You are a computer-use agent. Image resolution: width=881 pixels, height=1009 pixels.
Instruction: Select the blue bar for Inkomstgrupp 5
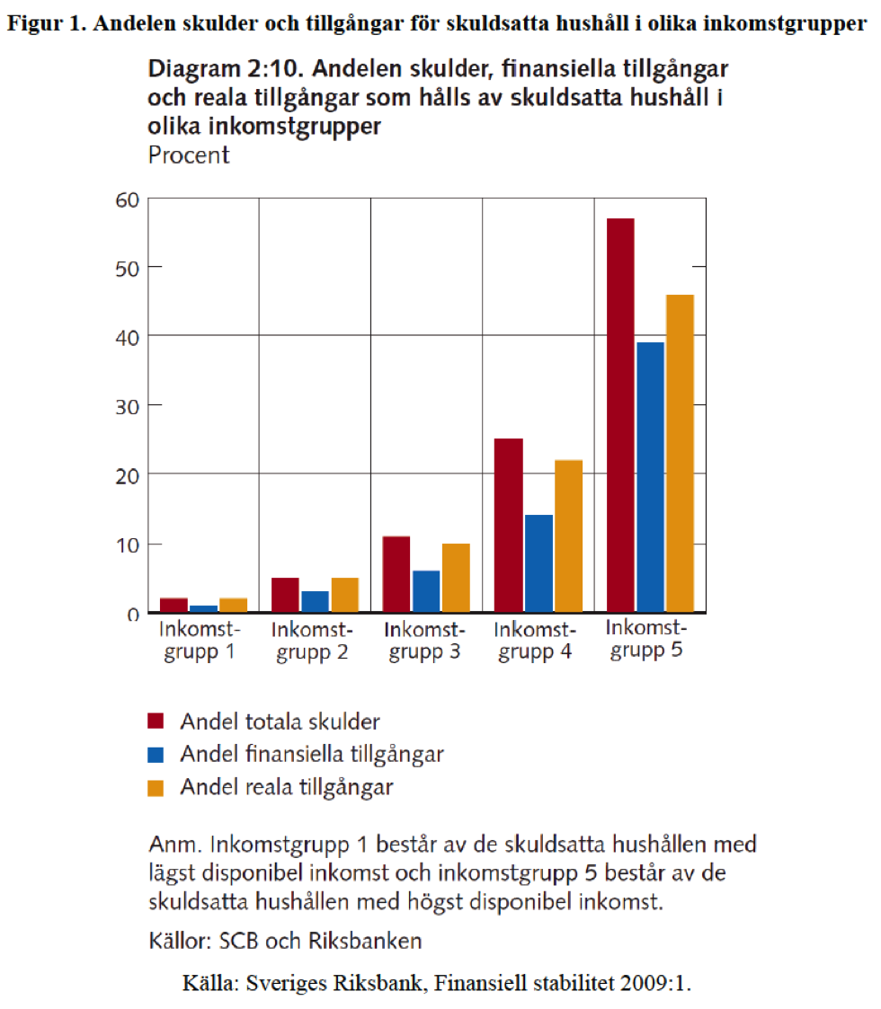(x=650, y=477)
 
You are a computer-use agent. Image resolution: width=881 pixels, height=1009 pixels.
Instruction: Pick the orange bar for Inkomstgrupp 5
(x=680, y=454)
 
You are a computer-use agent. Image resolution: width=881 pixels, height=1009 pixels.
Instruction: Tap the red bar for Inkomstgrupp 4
(x=509, y=526)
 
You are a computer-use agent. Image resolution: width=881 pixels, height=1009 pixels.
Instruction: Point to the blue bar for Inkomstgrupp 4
(x=538, y=563)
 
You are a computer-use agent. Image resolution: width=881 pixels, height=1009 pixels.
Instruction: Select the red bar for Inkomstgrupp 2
(x=285, y=595)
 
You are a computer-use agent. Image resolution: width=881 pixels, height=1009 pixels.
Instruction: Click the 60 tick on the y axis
(x=127, y=199)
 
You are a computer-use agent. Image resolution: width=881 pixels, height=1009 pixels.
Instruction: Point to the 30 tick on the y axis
(x=127, y=405)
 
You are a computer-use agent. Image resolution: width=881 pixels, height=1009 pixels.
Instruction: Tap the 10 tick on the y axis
(x=127, y=544)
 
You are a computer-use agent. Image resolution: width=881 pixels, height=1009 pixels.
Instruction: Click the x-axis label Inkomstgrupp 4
(x=534, y=640)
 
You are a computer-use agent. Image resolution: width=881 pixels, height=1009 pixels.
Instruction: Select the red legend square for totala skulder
(x=156, y=721)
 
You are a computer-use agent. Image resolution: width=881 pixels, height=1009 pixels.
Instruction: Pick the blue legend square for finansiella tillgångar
(x=156, y=755)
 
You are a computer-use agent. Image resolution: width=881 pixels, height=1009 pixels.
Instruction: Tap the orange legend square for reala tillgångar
(x=156, y=788)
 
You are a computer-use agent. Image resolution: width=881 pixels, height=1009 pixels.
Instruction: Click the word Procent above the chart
(x=189, y=155)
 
